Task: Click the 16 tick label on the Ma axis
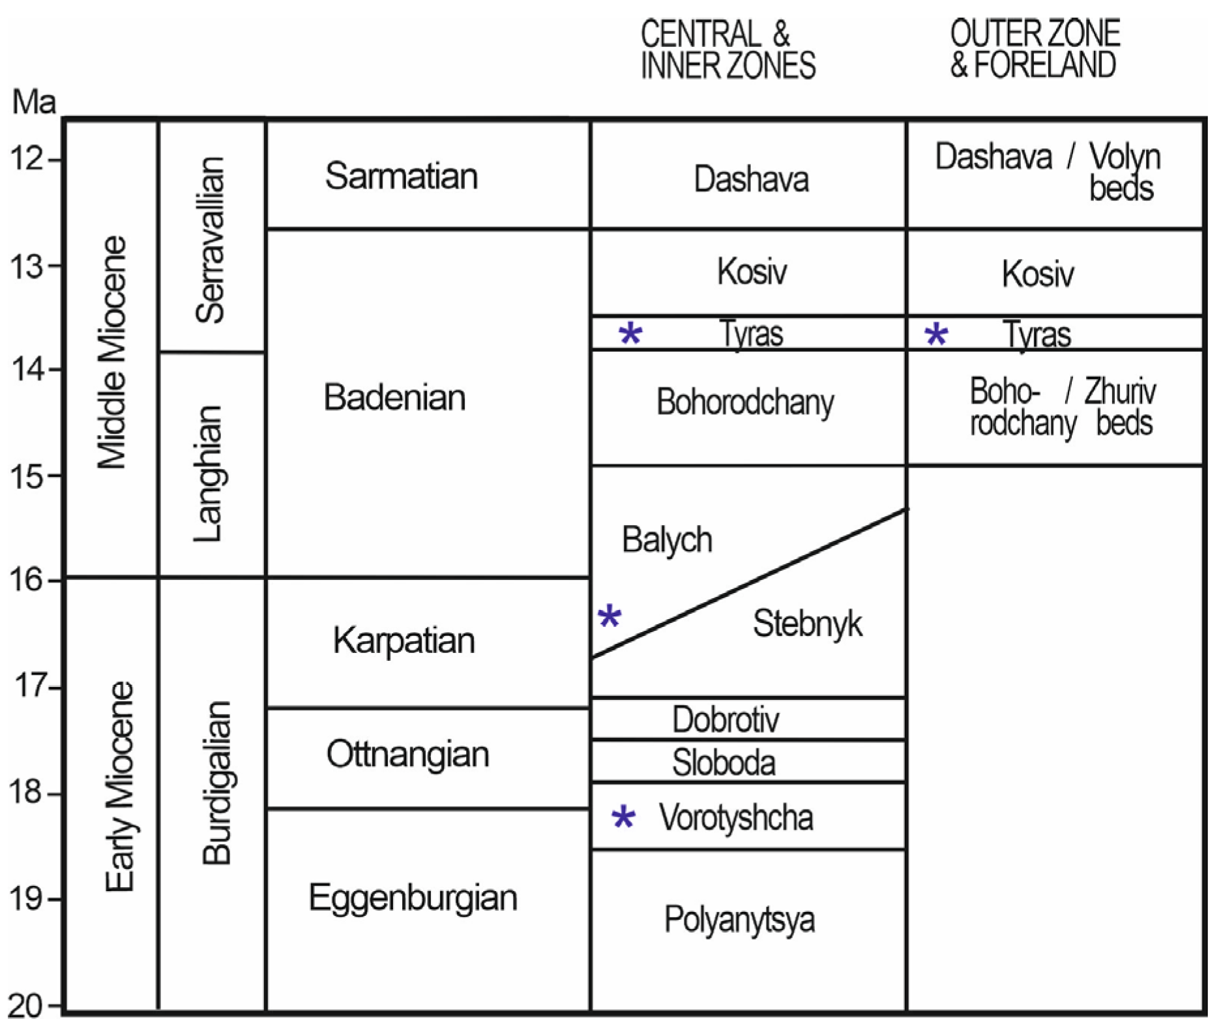[25, 579]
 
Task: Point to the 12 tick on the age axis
[26, 159]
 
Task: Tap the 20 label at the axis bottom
[25, 1006]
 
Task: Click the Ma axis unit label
[34, 102]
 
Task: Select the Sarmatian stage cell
[401, 176]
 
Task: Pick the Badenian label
[394, 397]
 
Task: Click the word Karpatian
[404, 640]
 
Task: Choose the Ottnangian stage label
[407, 754]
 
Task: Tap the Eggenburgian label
[413, 898]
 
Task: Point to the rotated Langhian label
[209, 474]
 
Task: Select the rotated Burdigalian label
[216, 783]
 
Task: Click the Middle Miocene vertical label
[111, 352]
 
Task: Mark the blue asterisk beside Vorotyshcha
[623, 817]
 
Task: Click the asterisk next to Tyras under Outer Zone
[936, 335]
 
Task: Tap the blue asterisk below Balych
[610, 616]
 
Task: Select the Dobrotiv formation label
[726, 720]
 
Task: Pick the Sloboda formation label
[724, 763]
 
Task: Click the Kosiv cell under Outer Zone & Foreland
[1038, 273]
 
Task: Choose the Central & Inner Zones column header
[728, 50]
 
